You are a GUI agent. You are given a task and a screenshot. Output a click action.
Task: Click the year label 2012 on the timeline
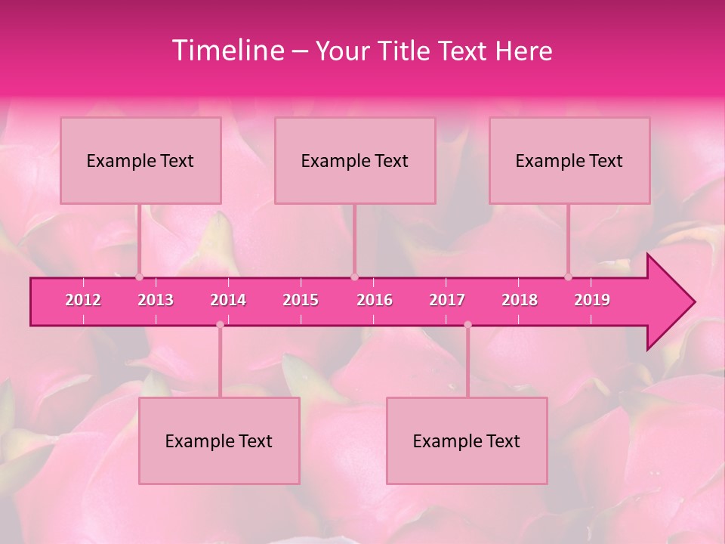click(83, 300)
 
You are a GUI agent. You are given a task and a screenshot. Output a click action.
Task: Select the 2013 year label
click(156, 300)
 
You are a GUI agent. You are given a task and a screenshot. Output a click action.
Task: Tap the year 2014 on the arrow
click(228, 300)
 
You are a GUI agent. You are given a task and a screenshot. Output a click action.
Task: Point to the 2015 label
click(301, 300)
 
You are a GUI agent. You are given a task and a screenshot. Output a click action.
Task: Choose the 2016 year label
click(375, 300)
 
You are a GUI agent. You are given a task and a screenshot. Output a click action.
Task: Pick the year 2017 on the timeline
click(447, 300)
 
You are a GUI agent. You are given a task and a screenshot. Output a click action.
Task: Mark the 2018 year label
click(520, 300)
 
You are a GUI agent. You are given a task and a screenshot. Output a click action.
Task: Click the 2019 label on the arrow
click(592, 300)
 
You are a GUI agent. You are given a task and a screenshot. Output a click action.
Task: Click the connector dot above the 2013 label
click(139, 277)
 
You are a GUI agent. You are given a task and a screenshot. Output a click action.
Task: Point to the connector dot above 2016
click(354, 277)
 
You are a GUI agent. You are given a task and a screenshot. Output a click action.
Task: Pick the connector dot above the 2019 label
click(569, 277)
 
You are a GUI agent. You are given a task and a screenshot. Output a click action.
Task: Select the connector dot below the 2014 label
click(220, 325)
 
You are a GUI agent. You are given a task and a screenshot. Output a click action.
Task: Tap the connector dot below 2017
click(467, 325)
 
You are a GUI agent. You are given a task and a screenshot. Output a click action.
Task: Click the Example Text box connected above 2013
click(140, 160)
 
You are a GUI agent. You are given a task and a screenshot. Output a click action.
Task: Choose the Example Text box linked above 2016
click(355, 160)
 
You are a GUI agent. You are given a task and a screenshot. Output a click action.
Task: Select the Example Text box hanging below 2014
click(219, 440)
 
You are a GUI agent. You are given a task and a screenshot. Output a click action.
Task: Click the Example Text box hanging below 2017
click(467, 440)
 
